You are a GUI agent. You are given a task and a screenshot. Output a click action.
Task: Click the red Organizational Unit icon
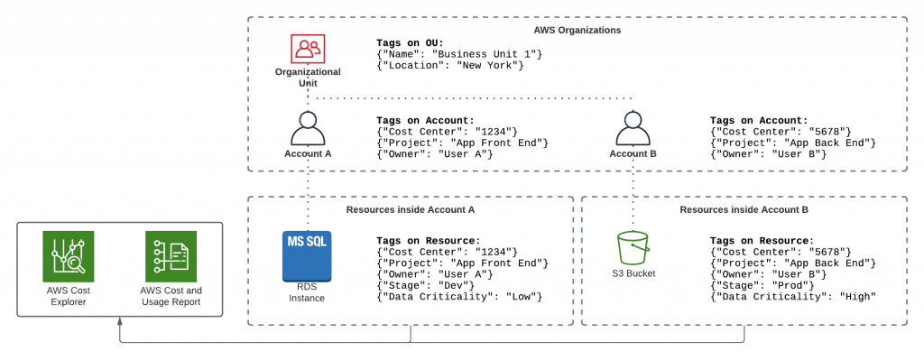(x=308, y=47)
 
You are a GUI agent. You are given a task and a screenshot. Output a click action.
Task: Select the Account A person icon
(x=308, y=130)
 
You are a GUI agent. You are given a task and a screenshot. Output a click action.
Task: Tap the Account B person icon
(x=633, y=130)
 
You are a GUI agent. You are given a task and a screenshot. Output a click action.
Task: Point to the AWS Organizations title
(x=577, y=30)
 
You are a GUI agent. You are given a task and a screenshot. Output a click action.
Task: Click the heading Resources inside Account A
(x=410, y=209)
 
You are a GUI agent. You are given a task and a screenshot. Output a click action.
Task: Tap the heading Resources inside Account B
(x=744, y=209)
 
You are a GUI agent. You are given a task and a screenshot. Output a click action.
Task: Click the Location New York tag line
(x=450, y=66)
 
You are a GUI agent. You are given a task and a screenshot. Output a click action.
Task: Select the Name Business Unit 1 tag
(x=459, y=54)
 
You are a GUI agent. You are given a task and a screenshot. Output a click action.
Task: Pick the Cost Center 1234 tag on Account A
(x=446, y=132)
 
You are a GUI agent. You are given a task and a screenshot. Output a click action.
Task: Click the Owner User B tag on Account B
(x=768, y=154)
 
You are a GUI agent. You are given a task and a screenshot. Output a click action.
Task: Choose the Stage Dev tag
(x=425, y=285)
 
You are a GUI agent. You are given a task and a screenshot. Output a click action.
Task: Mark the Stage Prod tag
(x=762, y=285)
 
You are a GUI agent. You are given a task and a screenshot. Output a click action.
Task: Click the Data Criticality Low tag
(x=459, y=297)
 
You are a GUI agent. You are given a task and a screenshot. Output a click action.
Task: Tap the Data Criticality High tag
(x=793, y=297)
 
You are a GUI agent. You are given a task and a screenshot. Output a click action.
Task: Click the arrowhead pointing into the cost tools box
(x=120, y=322)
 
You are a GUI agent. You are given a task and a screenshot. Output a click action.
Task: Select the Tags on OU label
(x=410, y=42)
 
